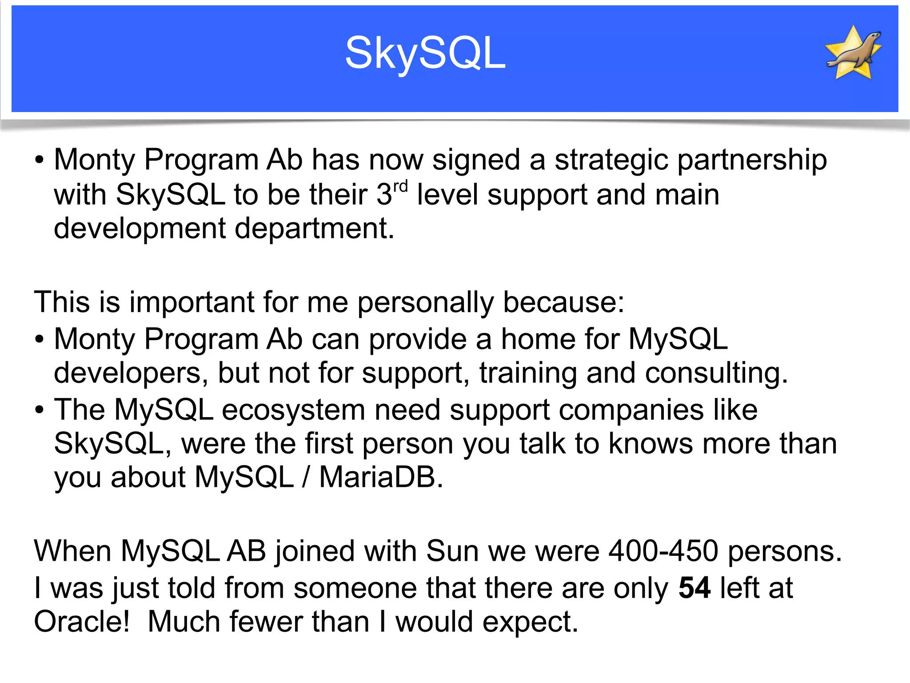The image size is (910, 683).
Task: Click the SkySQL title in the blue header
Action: tap(425, 53)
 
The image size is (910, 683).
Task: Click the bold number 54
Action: tap(694, 588)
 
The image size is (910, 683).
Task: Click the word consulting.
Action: tap(716, 373)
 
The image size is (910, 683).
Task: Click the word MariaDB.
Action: tap(381, 478)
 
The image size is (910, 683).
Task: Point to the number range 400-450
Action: tap(663, 551)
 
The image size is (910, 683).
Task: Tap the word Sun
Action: tap(452, 551)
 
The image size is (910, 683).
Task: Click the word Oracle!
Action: tap(82, 622)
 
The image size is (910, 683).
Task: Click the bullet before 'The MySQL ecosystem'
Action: tap(40, 410)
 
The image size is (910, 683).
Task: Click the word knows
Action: tap(651, 444)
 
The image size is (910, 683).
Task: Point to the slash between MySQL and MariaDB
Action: tap(306, 478)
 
